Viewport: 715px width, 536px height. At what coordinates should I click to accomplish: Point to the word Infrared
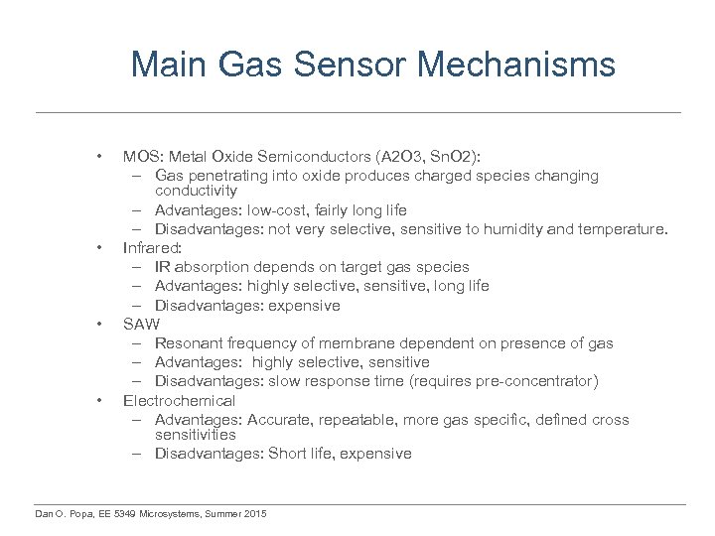point(152,248)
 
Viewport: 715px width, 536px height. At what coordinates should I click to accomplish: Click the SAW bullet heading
point(141,325)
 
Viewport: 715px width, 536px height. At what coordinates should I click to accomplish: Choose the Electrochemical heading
point(179,401)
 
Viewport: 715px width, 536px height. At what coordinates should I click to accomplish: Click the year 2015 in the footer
point(254,513)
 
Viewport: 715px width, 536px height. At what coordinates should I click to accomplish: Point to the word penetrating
point(235,176)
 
